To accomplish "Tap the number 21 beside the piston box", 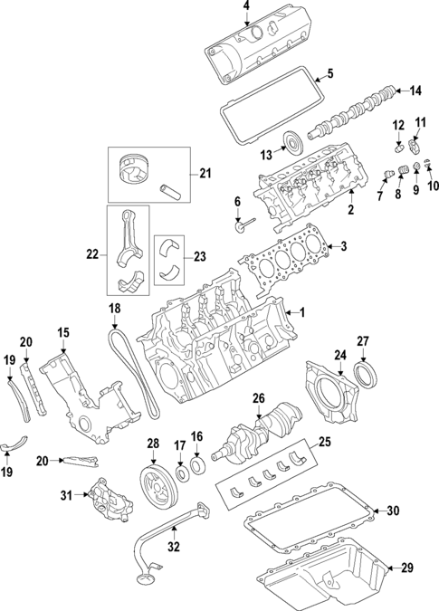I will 205,174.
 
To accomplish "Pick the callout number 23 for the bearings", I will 201,256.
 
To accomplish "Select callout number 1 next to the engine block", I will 302,312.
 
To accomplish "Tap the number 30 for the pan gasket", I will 391,511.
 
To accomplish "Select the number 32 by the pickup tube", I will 174,546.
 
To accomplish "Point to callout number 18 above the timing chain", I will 114,309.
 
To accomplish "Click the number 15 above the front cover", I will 62,333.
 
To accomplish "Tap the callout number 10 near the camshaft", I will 432,186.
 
